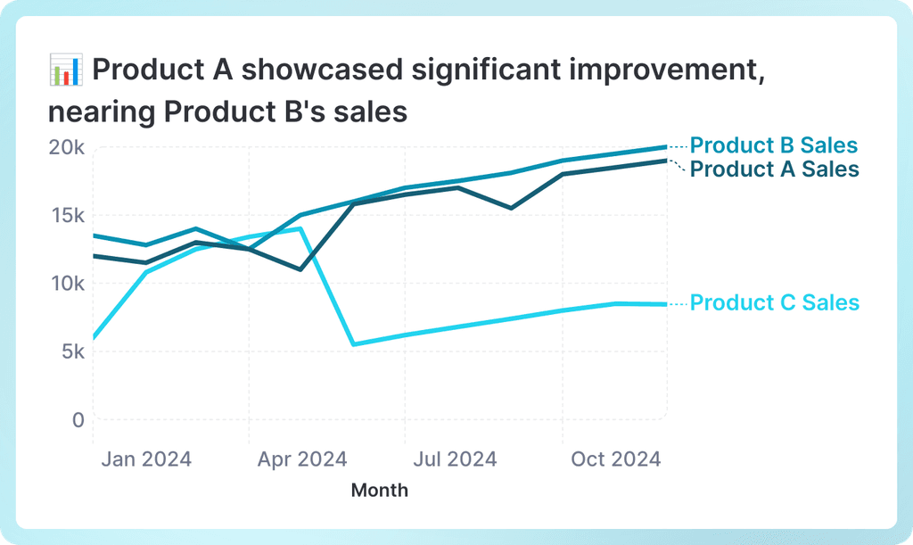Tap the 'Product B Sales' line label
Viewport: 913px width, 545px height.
(x=774, y=145)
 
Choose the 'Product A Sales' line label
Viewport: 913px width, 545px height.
(x=774, y=169)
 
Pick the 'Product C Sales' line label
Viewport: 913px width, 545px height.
(x=774, y=302)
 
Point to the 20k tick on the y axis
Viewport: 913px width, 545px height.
(x=66, y=147)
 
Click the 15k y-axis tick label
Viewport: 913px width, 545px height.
(x=66, y=215)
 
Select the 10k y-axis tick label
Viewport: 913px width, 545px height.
(x=66, y=283)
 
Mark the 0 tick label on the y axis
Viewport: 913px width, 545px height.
(x=78, y=419)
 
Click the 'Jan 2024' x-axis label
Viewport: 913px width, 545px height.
(x=145, y=459)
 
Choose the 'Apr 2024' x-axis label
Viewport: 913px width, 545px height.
(x=302, y=459)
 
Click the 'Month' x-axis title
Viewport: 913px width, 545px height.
(x=380, y=490)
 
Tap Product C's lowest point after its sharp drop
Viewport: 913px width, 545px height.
(x=353, y=344)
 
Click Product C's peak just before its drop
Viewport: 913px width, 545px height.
(x=301, y=228)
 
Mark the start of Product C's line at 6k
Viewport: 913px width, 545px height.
(x=95, y=338)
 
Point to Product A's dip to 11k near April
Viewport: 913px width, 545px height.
(x=301, y=269)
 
